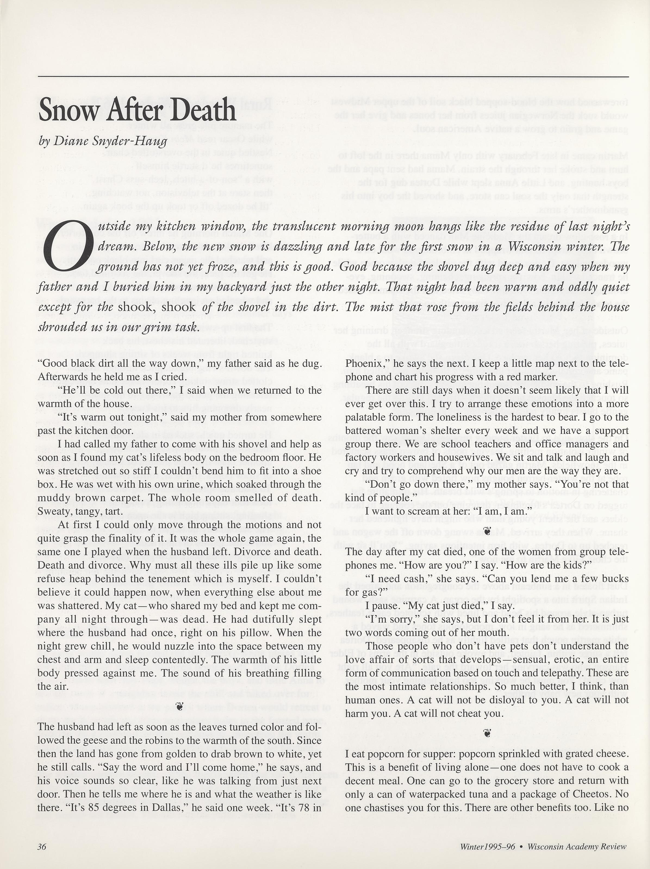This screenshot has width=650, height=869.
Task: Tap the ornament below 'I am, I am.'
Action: pos(487,532)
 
